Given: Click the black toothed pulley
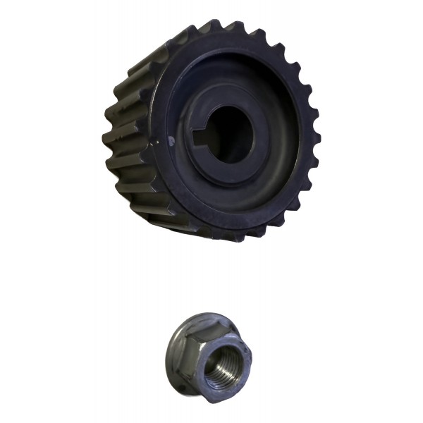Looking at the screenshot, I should pos(211,130).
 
